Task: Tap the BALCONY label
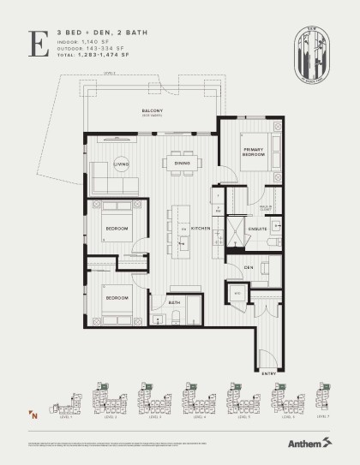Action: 153,112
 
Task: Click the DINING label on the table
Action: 182,163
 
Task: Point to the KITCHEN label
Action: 201,229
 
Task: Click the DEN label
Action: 249,268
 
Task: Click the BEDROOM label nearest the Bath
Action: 117,297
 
